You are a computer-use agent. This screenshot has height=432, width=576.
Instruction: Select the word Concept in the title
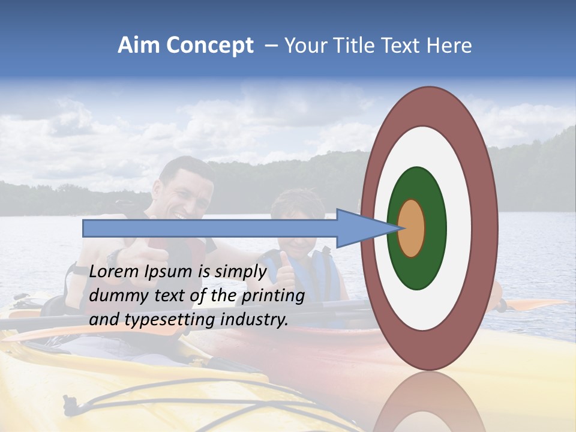coord(211,46)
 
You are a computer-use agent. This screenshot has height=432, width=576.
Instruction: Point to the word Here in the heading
coord(451,46)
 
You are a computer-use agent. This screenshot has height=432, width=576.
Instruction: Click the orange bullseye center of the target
coord(412,228)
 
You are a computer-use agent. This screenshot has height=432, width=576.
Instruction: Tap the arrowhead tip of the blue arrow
coord(398,228)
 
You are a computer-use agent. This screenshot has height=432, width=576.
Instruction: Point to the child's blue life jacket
coord(321,270)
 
